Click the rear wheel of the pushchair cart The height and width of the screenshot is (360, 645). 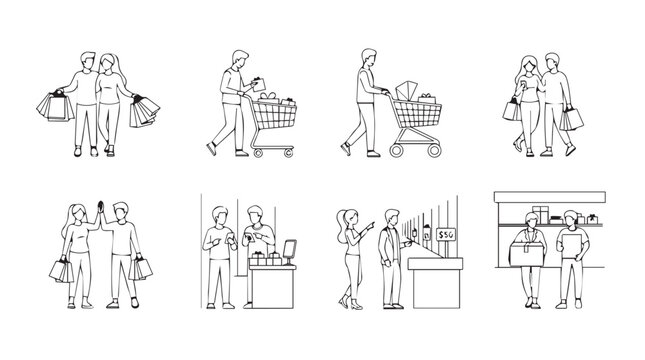tap(395, 150)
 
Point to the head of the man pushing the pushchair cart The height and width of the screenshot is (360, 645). tap(364, 57)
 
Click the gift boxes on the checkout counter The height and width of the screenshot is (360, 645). tap(266, 256)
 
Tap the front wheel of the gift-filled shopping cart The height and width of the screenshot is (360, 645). tap(289, 152)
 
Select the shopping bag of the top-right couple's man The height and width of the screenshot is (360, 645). tap(571, 119)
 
